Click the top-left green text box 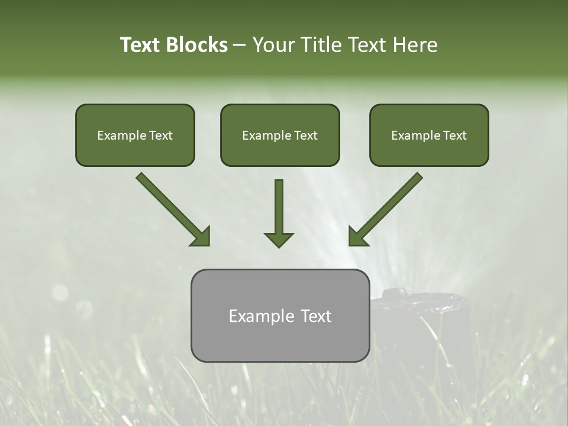(x=135, y=135)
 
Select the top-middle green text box (x=280, y=135)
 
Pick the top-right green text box (x=429, y=135)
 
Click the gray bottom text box (x=280, y=315)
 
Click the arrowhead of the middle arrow (x=279, y=239)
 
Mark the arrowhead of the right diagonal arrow (x=358, y=236)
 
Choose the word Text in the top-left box (x=160, y=135)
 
